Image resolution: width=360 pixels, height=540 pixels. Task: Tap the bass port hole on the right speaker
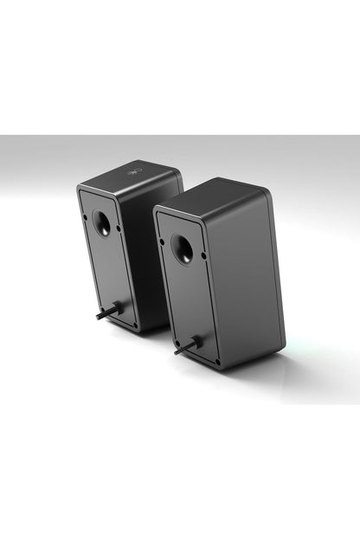pos(183,250)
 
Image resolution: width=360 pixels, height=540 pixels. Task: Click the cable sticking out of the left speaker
pos(107,312)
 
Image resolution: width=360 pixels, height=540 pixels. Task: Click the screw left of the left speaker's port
pos(85,217)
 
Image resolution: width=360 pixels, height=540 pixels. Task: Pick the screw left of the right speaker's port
pos(163,241)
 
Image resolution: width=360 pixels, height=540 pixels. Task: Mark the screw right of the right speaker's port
pos(204,255)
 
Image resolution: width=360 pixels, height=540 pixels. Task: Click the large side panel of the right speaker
pos(247,277)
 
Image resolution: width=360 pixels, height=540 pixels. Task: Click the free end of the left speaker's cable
pos(98,317)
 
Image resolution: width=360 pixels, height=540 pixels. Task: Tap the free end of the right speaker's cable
pos(176,352)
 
